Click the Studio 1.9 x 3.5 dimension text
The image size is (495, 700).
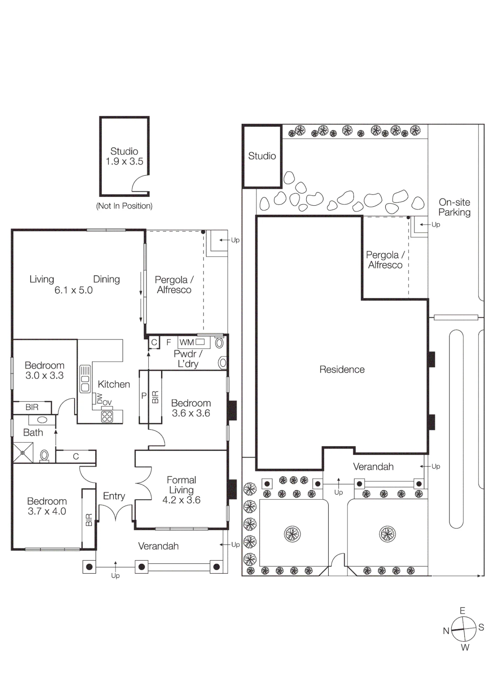(124, 156)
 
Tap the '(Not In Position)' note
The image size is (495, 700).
(124, 206)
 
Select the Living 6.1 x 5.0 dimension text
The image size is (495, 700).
(61, 285)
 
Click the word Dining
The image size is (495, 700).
(106, 279)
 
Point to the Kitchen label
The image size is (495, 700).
(114, 384)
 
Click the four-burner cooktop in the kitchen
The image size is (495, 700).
(107, 416)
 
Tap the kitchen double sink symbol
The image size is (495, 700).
(85, 379)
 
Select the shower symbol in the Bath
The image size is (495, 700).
(23, 453)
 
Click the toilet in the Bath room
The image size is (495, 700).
(44, 456)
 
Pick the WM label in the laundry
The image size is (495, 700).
(186, 342)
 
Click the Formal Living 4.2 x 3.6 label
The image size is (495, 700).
(181, 490)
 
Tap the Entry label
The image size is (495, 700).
(114, 496)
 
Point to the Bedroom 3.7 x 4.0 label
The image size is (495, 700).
(47, 506)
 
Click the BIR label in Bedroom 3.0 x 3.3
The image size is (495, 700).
(32, 407)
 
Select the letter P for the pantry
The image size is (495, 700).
(144, 396)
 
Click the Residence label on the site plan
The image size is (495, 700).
(342, 370)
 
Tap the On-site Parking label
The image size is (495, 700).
(454, 207)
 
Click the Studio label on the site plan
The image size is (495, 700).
(262, 156)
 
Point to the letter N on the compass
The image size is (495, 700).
(446, 631)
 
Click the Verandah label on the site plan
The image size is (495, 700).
(373, 467)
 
